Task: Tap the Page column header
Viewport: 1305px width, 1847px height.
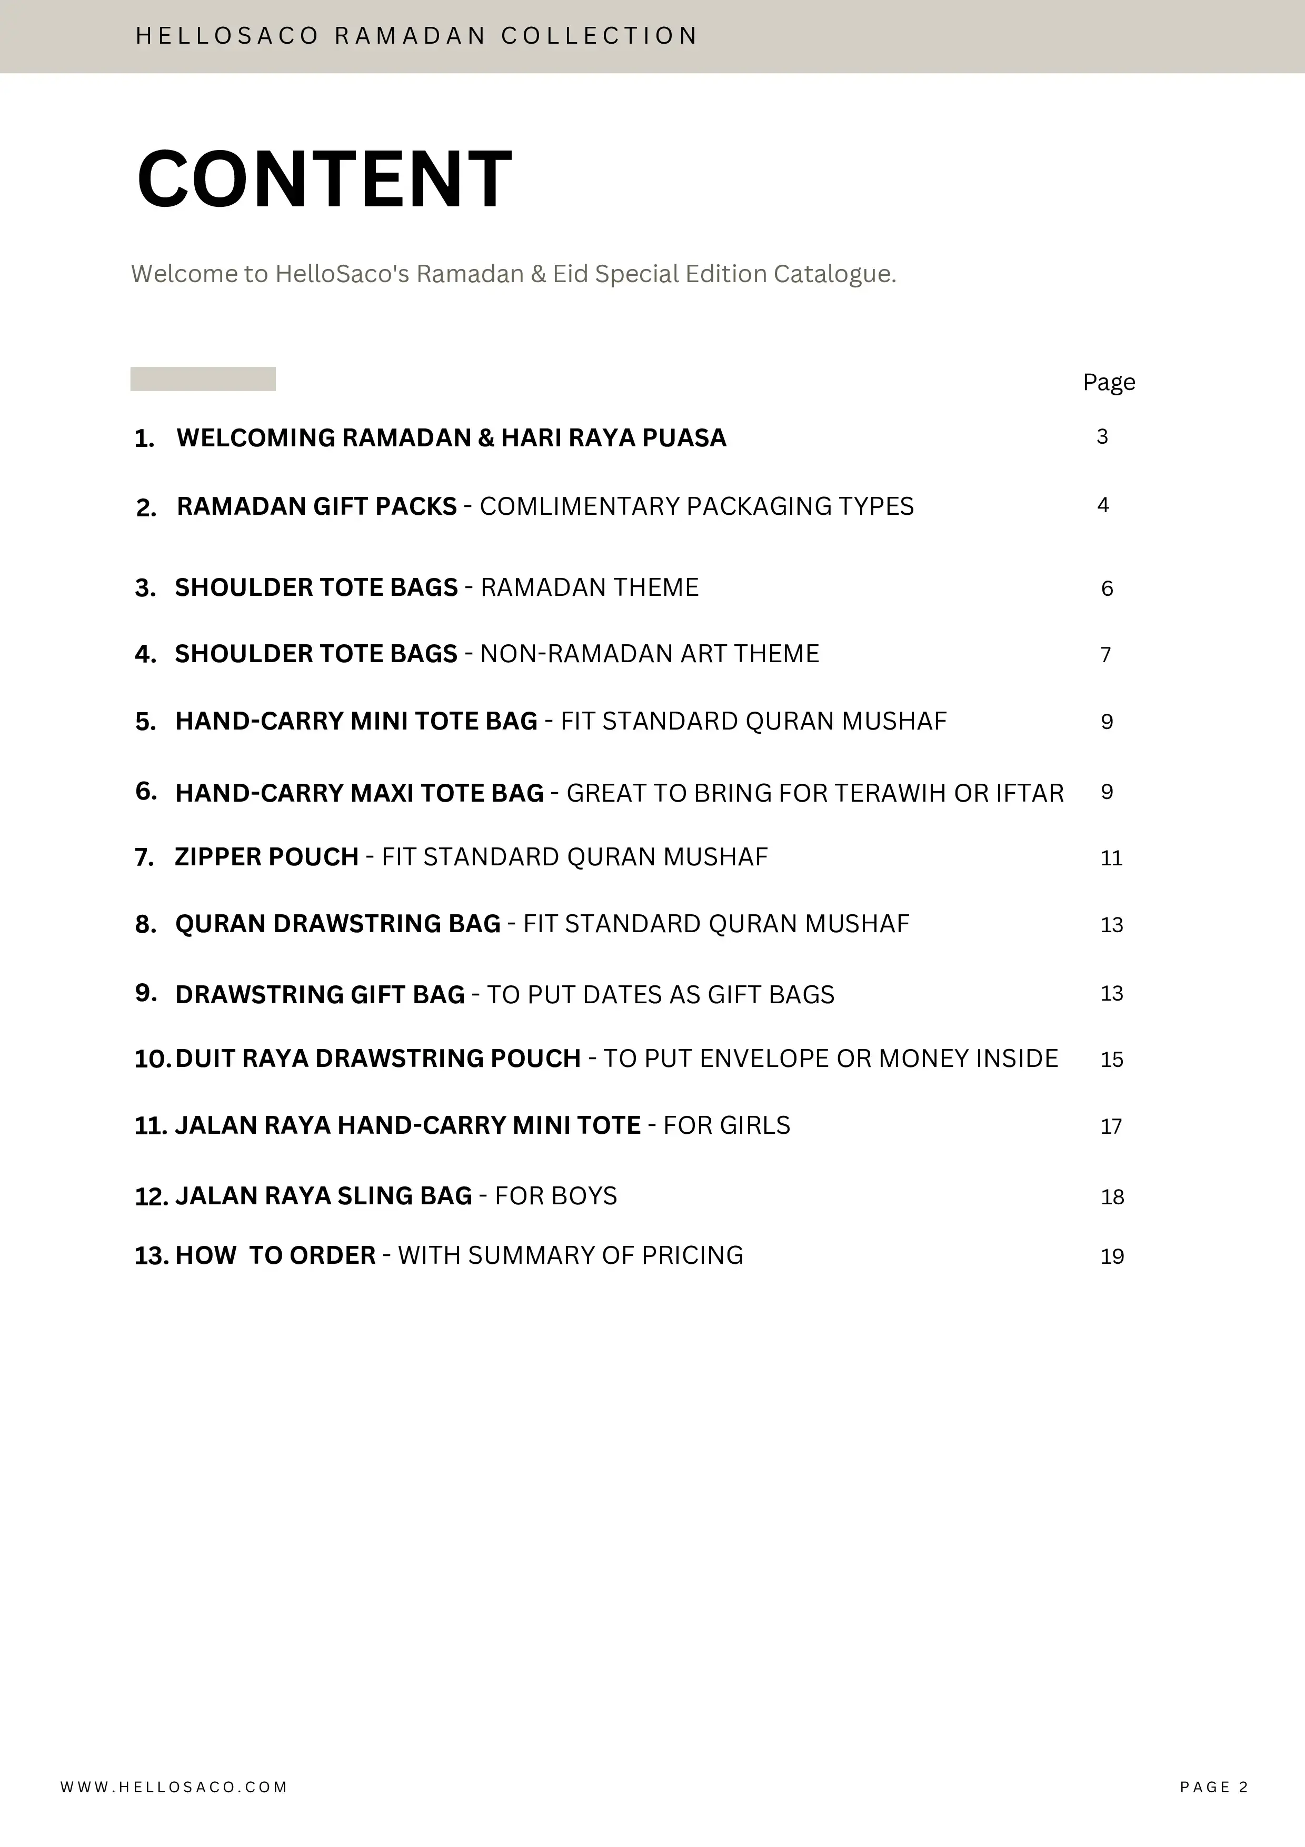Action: (x=1109, y=382)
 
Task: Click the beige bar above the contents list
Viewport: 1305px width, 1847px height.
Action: (x=203, y=379)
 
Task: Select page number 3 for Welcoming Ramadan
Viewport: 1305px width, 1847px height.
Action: (x=1102, y=437)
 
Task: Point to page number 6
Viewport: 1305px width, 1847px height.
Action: (x=1107, y=589)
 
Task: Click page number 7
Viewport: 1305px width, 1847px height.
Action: (x=1105, y=655)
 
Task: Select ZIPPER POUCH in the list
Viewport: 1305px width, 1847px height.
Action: (x=266, y=857)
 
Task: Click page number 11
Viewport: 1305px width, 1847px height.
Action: (x=1111, y=858)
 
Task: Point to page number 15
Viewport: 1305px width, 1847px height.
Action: (x=1111, y=1060)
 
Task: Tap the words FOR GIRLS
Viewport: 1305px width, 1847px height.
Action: (x=726, y=1125)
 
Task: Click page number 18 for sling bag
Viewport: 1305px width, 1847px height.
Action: (x=1112, y=1197)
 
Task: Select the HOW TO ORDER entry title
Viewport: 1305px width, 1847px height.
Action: (x=275, y=1256)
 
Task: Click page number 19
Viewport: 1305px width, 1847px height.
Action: (x=1112, y=1256)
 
